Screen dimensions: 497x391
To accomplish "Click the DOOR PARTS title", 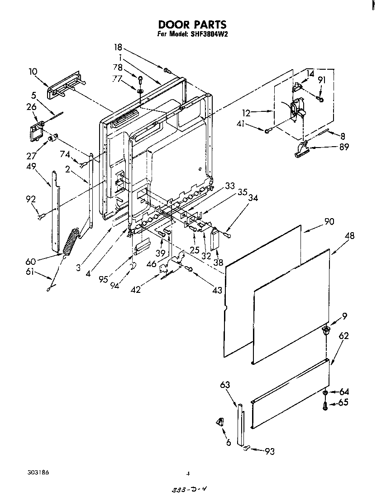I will coord(192,24).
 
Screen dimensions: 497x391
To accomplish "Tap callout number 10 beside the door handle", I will coord(33,72).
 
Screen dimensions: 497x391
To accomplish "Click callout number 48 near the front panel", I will coord(349,236).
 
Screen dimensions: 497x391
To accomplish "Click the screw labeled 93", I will coord(246,449).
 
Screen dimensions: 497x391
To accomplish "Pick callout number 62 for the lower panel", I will coord(344,336).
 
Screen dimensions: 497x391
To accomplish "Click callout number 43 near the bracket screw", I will coord(218,290).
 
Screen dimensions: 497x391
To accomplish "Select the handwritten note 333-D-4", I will coord(192,490).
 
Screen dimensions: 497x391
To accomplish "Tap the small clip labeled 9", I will coord(325,331).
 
